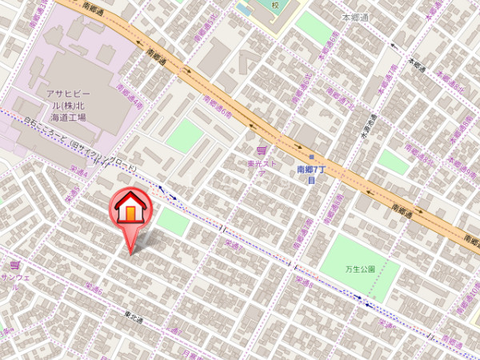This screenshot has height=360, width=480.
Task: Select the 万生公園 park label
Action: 361,269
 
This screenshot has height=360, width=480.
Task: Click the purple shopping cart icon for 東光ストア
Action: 260,150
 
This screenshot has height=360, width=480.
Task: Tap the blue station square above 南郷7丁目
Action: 311,156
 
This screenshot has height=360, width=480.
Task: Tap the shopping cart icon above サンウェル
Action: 14,264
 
